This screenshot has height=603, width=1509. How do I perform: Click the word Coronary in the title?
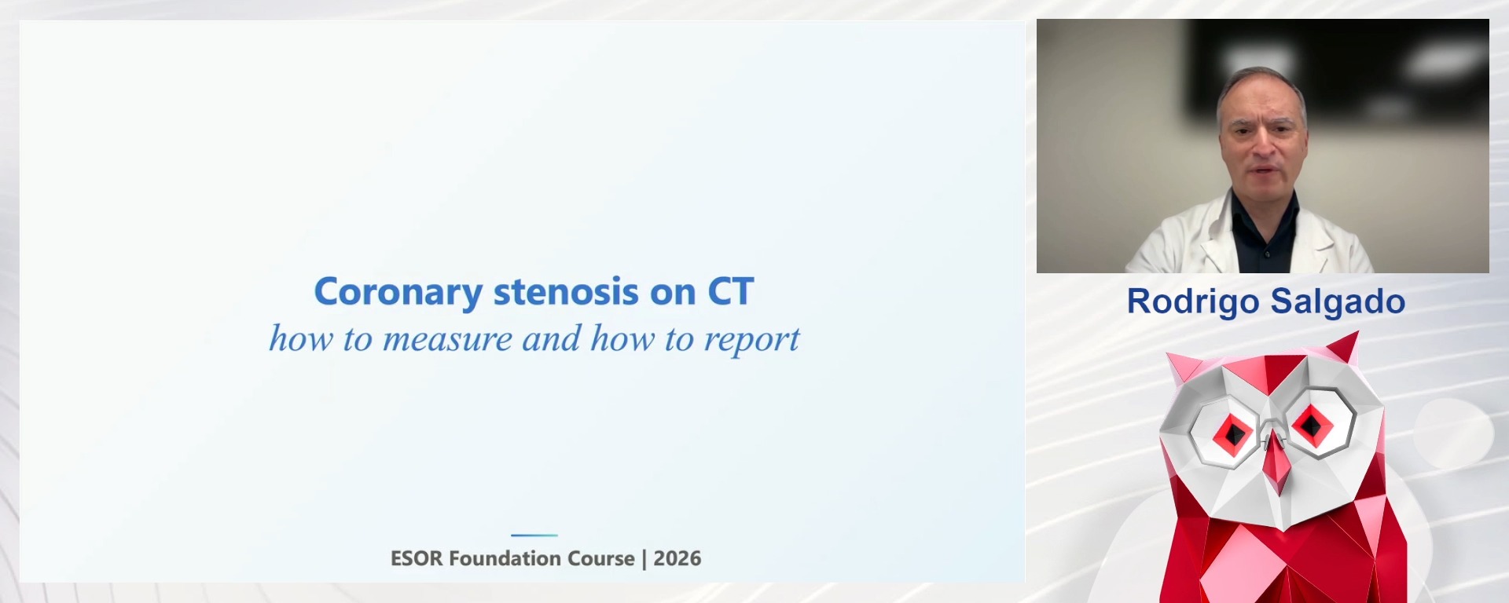(x=398, y=293)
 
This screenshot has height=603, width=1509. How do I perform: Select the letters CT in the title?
(x=730, y=292)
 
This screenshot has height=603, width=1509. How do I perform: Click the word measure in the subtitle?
(x=447, y=339)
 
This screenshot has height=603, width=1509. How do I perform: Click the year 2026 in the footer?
(x=677, y=558)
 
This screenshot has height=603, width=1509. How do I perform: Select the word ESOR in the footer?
(x=417, y=558)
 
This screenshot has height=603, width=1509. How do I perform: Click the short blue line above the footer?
(x=534, y=535)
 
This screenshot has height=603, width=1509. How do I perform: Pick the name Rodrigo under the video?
(x=1192, y=301)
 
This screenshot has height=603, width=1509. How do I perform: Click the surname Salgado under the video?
(x=1338, y=301)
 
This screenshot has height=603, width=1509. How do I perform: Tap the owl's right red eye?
(x=1311, y=425)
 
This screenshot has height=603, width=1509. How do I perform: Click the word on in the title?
(x=673, y=293)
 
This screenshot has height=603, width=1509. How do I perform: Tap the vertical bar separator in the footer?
(x=644, y=558)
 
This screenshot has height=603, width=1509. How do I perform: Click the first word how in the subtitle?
(x=300, y=339)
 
